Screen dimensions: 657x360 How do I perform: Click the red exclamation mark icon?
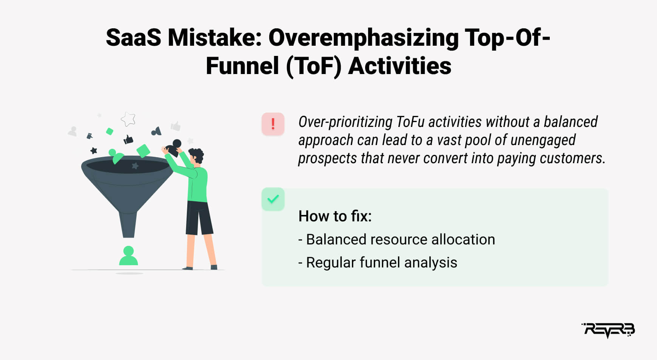[x=273, y=124]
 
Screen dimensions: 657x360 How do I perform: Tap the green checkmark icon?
[x=273, y=199]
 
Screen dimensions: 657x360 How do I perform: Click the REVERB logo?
[x=608, y=330]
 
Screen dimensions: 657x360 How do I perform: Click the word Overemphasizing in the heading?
[x=363, y=39]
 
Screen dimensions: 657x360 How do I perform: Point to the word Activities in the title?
[x=399, y=66]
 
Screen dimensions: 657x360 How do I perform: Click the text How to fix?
[x=335, y=216]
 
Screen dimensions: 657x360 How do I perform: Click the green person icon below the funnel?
[x=128, y=256]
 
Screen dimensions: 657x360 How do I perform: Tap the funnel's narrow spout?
[x=128, y=225]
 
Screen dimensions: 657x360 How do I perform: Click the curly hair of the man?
[x=196, y=155]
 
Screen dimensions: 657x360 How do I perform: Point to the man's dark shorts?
[x=199, y=218]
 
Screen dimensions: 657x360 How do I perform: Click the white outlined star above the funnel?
[x=128, y=119]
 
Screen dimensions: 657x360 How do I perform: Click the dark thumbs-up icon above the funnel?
[x=128, y=140]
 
